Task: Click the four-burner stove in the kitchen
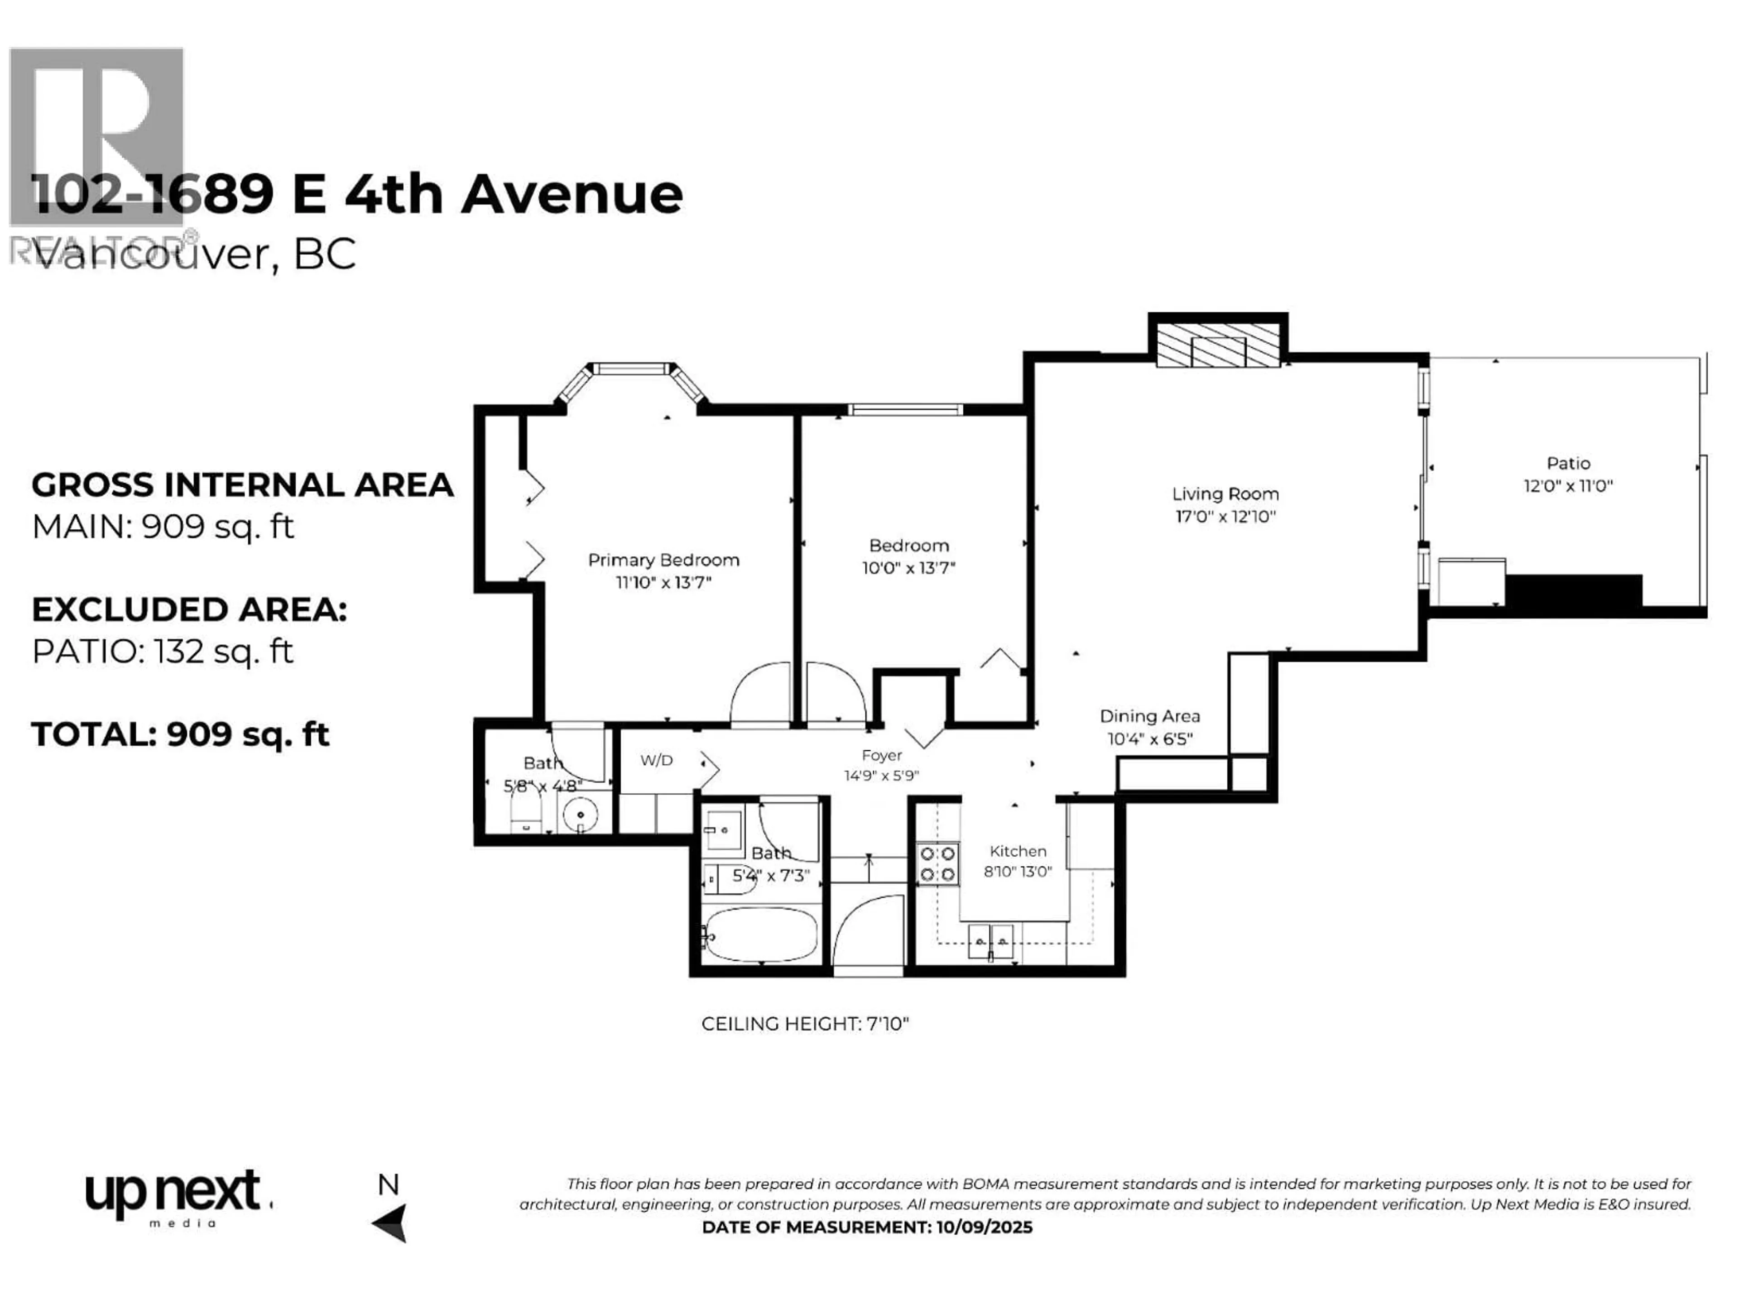938,864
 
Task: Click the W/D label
657,760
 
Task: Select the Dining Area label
1149,716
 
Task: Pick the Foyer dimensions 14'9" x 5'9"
881,776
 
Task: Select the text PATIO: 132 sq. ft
162,652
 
